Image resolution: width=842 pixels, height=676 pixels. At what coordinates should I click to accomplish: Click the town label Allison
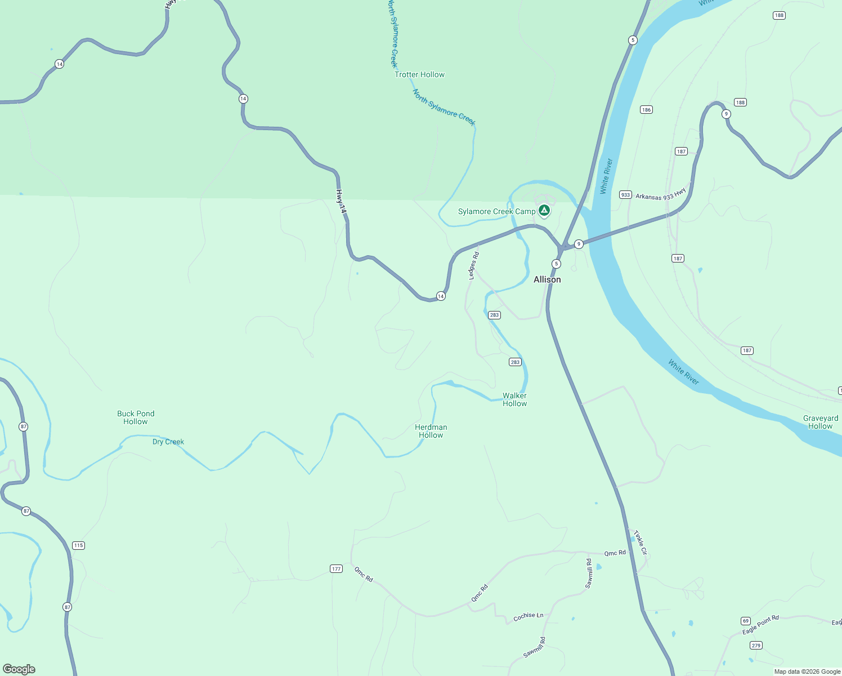click(547, 279)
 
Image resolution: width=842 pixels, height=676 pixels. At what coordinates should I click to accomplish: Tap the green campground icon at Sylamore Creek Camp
click(544, 211)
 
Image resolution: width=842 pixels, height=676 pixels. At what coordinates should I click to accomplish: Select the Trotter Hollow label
click(419, 74)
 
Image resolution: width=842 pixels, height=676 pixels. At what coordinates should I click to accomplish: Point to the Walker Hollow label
click(514, 399)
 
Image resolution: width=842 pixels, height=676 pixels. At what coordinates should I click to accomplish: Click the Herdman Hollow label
click(431, 431)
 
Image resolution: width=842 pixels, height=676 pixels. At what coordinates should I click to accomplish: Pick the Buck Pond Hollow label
click(136, 417)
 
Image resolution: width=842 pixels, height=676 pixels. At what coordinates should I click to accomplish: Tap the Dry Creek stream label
click(168, 442)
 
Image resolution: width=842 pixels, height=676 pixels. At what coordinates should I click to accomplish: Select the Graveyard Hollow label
click(820, 422)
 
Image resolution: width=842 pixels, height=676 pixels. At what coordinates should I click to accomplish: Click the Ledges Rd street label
click(474, 266)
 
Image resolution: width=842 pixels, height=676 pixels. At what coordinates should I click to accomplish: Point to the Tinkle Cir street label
click(641, 542)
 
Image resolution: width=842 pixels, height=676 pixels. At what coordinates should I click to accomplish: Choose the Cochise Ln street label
click(529, 616)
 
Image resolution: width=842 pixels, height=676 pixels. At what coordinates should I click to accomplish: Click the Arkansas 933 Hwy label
click(661, 194)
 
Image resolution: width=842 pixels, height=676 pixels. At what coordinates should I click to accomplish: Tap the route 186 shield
click(646, 110)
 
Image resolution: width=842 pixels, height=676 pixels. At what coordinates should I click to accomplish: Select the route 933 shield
click(625, 195)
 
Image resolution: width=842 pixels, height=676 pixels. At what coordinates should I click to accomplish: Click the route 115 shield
click(78, 545)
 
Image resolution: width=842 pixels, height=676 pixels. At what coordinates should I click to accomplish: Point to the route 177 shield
click(336, 569)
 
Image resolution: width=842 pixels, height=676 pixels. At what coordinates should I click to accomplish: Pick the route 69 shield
click(746, 621)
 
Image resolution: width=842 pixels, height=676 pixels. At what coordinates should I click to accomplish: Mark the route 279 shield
click(756, 646)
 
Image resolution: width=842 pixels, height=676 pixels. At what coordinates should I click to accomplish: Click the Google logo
click(19, 669)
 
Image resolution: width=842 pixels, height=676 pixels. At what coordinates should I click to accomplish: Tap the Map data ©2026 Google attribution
click(807, 671)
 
